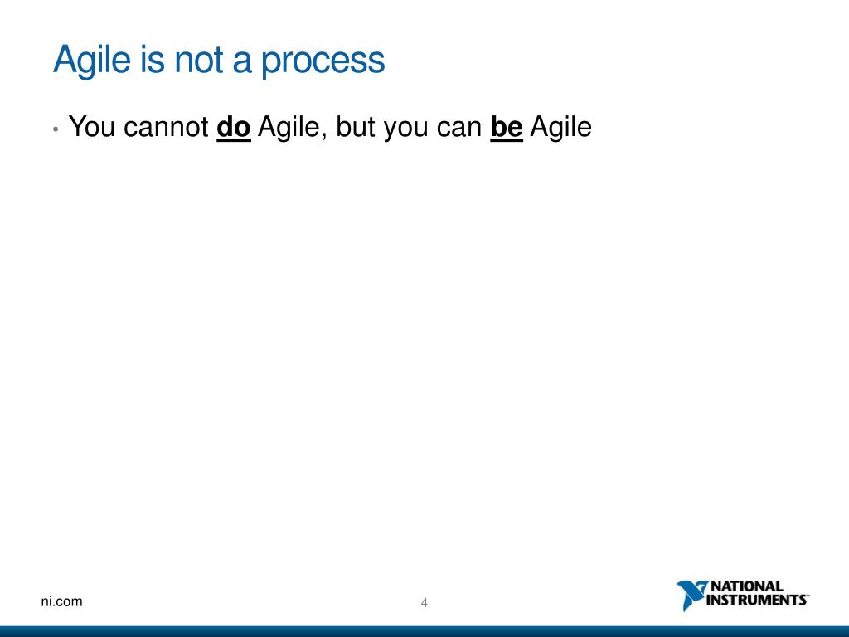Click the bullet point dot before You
tap(55, 129)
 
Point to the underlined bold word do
tap(234, 128)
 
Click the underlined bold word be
tap(507, 128)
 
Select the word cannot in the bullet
tap(166, 128)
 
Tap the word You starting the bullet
tap(92, 128)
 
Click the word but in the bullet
tap(357, 128)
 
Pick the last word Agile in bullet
tap(560, 128)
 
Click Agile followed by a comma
tap(291, 128)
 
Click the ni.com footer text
tap(62, 601)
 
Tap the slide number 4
tap(424, 603)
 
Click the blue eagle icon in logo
tap(690, 595)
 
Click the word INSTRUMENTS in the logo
tap(755, 600)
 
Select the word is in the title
tap(154, 61)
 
